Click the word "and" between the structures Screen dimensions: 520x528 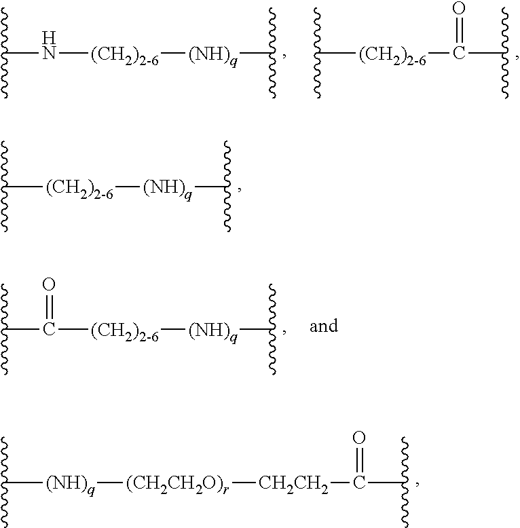[324, 326]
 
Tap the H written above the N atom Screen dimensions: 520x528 [49, 37]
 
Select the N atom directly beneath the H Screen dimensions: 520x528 [49, 53]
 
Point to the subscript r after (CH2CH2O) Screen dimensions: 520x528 [225, 489]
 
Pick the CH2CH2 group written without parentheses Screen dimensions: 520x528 [293, 484]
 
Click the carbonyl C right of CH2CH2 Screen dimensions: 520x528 [359, 483]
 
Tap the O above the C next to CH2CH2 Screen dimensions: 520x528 [359, 438]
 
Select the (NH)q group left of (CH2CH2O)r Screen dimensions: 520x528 [70, 485]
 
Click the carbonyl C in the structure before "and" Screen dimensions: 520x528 [49, 329]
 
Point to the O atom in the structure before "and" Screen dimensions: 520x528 [49, 284]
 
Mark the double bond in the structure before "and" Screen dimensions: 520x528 [49, 307]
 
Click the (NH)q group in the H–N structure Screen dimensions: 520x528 [213, 55]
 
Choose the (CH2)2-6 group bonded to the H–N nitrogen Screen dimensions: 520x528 [125, 55]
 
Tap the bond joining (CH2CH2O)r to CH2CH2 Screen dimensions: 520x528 [244, 483]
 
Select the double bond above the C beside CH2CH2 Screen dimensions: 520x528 [359, 460]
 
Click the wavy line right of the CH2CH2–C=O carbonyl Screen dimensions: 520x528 [405, 483]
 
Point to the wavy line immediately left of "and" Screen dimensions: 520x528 [272, 329]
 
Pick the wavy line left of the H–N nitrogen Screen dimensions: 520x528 [4, 53]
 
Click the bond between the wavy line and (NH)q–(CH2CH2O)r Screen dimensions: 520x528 [23, 483]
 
